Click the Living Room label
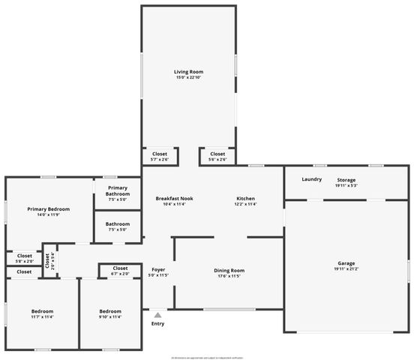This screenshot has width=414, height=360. pos(188,72)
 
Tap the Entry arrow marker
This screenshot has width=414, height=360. pos(157,316)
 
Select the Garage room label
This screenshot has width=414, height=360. pos(346,263)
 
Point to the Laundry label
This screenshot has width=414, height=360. pos(311,179)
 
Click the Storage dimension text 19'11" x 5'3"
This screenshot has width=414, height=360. pos(346,185)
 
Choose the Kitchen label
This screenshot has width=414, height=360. pos(246,198)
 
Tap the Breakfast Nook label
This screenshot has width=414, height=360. pos(175,198)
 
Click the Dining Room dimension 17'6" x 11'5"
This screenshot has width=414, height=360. pos(229,276)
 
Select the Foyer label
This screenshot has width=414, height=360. pos(158,269)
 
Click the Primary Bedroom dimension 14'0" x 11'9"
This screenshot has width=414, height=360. pos(49,215)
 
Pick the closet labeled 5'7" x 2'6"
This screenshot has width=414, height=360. pos(160,159)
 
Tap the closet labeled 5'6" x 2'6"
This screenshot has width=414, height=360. pos(217,159)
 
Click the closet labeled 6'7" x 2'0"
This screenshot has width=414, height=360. pos(120,274)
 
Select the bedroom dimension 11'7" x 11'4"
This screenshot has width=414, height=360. pos(42,316)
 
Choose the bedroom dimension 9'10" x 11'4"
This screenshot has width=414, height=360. pos(111,316)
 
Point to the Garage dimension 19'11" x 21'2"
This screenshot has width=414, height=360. pos(346,269)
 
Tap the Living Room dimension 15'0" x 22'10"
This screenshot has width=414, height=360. pos(188,77)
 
